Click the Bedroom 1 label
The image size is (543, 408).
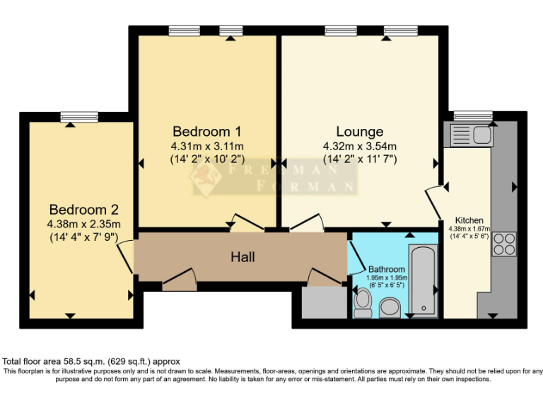(207, 132)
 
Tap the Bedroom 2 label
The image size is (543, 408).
(83, 210)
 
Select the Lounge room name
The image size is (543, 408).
(359, 132)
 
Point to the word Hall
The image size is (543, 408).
(243, 256)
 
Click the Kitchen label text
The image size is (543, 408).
(469, 220)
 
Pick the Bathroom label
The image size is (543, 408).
(387, 270)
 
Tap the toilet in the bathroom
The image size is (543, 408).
(363, 301)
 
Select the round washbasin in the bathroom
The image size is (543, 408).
(389, 307)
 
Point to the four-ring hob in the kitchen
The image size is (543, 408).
(505, 243)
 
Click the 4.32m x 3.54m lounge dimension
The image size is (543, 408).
(359, 147)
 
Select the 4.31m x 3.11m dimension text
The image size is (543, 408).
(206, 147)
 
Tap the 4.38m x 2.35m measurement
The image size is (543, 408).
(83, 225)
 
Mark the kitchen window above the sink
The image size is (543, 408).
(472, 115)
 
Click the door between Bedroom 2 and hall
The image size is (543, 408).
(126, 257)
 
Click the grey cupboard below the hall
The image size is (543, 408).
(320, 302)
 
